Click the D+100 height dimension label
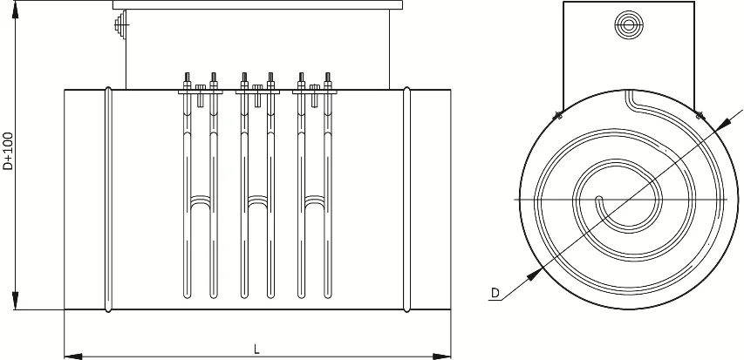[x=8, y=151]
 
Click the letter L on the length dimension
[x=256, y=350]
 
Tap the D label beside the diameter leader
[x=495, y=293]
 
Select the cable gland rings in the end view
[x=629, y=24]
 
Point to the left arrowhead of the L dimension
[x=73, y=357]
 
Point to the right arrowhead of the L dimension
[x=441, y=357]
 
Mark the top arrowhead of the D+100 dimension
[x=15, y=10]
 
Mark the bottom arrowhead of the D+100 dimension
[x=15, y=301]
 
